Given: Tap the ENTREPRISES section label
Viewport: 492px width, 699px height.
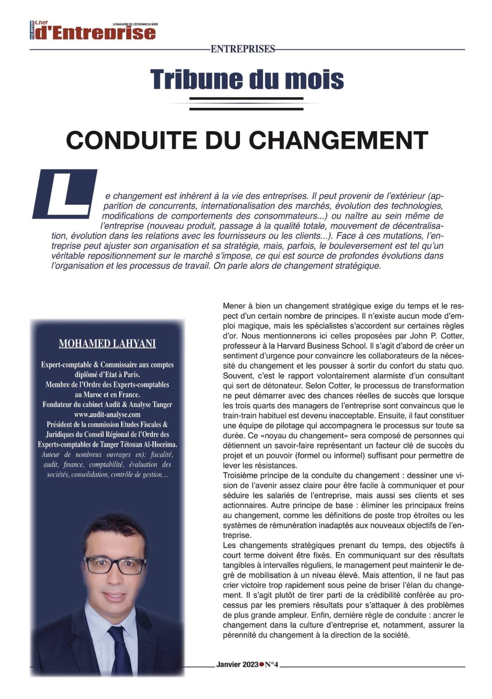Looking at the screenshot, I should (243, 49).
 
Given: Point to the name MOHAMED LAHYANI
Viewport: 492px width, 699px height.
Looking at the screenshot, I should (107, 344).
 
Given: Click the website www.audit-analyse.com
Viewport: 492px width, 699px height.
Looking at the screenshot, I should (107, 414).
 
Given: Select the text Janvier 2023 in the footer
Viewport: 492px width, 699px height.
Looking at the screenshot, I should (237, 664).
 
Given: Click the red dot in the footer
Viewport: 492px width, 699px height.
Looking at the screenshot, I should (262, 664).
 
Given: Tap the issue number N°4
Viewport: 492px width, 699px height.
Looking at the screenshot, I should (271, 664).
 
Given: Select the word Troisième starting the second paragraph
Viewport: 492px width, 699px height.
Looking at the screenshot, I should (241, 475).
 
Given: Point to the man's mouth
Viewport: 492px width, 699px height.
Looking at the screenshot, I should (114, 595).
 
